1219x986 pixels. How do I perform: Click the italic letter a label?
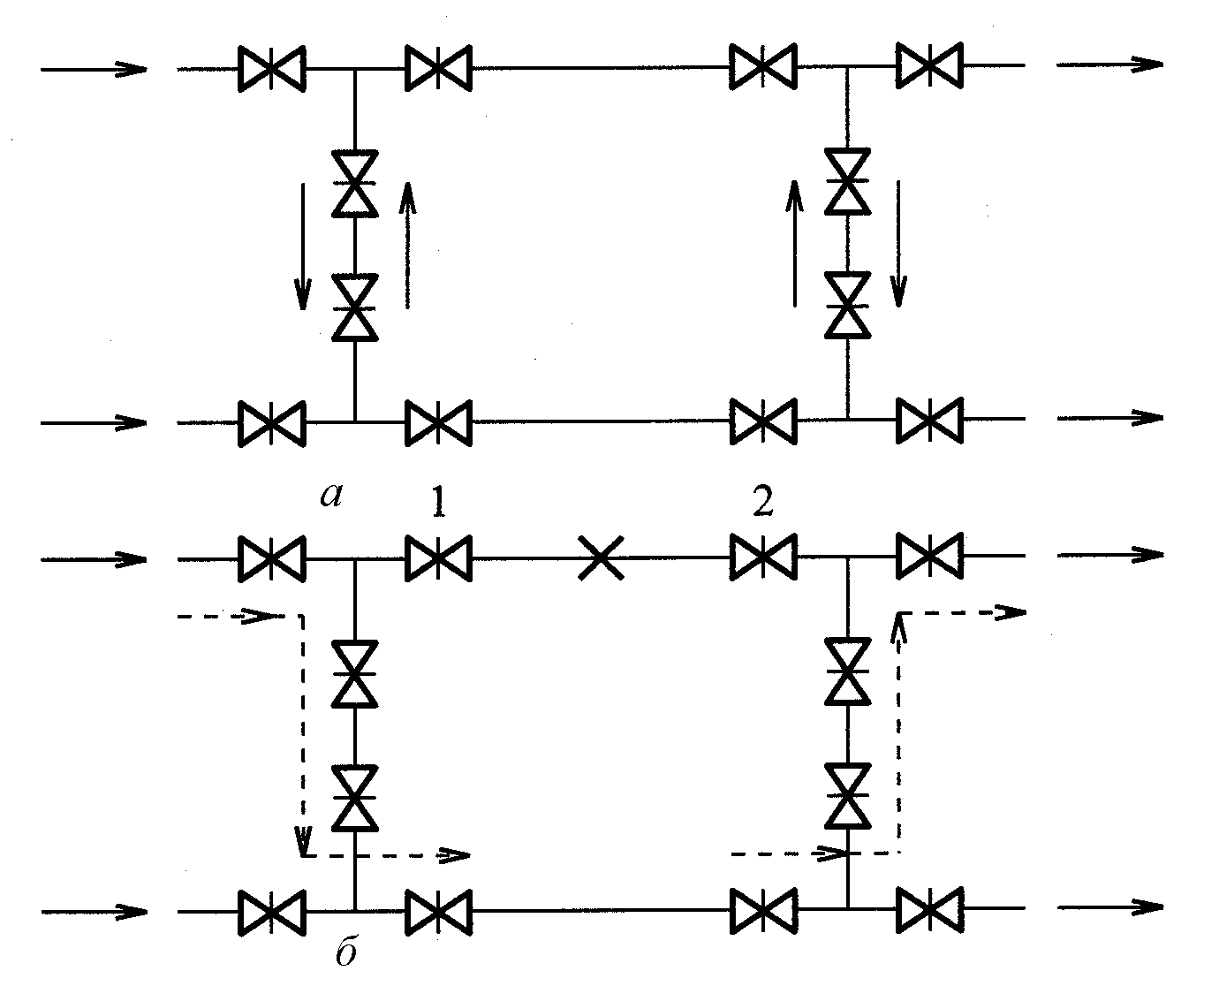coord(331,495)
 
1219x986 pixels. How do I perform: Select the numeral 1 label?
coord(438,501)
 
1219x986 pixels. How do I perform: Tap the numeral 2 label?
coord(763,501)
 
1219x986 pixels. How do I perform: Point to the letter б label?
coord(346,951)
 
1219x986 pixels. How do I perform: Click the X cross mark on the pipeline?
coord(601,557)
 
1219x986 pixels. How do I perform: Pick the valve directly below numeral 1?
coord(438,558)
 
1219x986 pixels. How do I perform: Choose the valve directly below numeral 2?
coord(763,557)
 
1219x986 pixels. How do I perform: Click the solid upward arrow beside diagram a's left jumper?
coord(407,246)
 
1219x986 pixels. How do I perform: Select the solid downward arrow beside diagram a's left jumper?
coord(303,246)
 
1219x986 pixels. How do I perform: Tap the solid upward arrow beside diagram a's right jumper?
coord(794,243)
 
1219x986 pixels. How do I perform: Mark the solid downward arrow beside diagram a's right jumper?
coord(898,244)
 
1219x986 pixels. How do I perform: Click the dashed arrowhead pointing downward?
coord(303,840)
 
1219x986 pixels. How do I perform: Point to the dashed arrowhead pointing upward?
coord(898,626)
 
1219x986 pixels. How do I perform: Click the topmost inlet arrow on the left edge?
coord(94,69)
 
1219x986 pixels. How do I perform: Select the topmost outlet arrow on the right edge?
coord(1110,64)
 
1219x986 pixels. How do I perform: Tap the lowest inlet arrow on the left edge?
coord(94,911)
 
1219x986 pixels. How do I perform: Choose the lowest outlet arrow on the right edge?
coord(1110,907)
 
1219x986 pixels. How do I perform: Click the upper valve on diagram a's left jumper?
coord(355,184)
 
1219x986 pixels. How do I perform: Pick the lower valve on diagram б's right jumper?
coord(848,795)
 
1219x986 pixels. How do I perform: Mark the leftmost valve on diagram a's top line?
coord(272,69)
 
